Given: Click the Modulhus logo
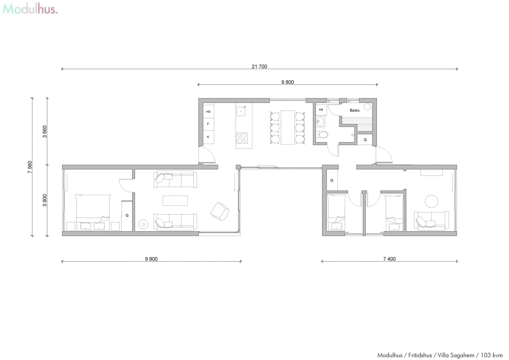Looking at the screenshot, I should coord(30,9).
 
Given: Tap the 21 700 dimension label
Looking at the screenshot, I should coord(259,67).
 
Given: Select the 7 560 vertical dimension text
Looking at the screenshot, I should coord(30,167).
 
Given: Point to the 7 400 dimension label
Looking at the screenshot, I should coord(389,259).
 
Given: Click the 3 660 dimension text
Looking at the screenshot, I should coord(45,131).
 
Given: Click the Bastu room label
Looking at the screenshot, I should coord(354,110).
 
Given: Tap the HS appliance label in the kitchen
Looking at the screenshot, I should coord(208,112).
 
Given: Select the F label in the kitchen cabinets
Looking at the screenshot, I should coord(208,124).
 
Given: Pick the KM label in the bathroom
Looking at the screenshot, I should coord(321,109).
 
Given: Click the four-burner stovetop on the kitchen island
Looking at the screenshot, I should coord(242,138).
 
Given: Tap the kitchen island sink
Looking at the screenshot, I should coord(241,111).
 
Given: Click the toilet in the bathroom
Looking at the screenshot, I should coord(323,135).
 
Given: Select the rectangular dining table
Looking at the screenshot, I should coord(288,128).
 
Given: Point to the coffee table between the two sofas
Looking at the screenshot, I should coord(175,201).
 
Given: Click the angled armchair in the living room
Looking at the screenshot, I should coord(220,211).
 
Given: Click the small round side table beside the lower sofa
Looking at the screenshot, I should coord(143,225).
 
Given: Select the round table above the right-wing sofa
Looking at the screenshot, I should coord(431,201).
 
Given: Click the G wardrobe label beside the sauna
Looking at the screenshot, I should coord(365,140).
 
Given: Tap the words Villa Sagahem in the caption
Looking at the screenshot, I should coord(456,355).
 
